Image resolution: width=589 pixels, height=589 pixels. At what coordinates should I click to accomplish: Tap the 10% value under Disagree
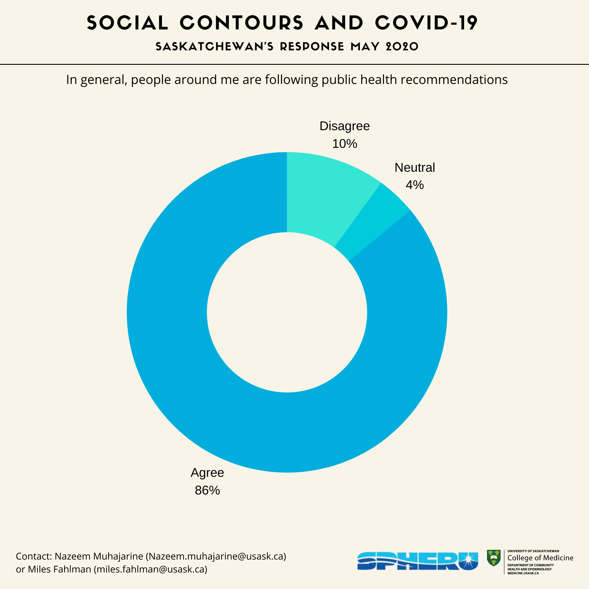click(345, 144)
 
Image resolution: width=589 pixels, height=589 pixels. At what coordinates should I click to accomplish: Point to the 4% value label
click(415, 185)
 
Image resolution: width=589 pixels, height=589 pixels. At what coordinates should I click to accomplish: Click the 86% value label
click(207, 490)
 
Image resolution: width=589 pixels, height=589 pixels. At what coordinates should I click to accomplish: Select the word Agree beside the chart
click(207, 473)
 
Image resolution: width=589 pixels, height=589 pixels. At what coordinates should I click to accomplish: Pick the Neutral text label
click(415, 167)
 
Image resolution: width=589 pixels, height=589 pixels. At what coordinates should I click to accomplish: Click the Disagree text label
click(345, 126)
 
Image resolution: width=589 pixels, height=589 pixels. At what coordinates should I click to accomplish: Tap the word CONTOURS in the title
click(241, 23)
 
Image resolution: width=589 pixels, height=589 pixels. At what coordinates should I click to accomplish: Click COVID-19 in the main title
click(426, 23)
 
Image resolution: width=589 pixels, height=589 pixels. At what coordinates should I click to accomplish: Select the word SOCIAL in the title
click(128, 23)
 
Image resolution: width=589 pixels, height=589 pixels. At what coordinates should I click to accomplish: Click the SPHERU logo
click(417, 561)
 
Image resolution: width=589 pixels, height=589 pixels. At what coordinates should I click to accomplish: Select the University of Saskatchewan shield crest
click(494, 558)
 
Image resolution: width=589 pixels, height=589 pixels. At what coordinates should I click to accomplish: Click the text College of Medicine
click(540, 557)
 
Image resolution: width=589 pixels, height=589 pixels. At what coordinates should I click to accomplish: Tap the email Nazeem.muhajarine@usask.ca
click(216, 556)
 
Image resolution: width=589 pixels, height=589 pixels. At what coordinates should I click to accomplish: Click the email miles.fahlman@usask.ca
click(150, 569)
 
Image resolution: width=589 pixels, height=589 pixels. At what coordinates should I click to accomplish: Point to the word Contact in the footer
click(33, 556)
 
